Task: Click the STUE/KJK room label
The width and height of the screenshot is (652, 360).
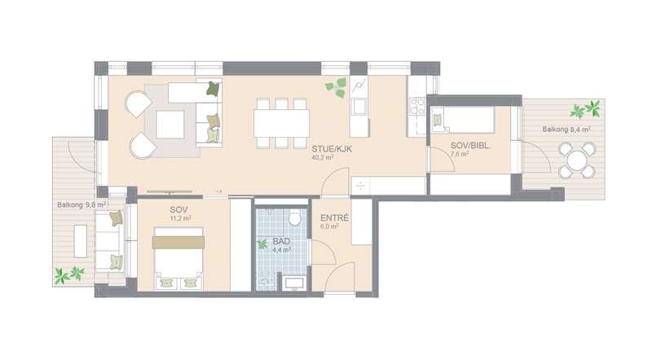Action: point(332,148)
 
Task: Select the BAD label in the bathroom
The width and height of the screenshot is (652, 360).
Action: point(281,242)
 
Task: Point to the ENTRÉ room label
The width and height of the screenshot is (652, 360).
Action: point(334,217)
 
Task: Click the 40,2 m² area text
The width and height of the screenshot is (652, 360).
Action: point(322,157)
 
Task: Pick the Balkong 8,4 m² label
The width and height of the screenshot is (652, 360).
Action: point(566,130)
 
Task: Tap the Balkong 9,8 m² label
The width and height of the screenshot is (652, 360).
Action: point(82,204)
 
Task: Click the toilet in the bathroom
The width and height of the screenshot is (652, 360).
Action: point(295,217)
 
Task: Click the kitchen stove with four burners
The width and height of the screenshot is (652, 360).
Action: point(417,106)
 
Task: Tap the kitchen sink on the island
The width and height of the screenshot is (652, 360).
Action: point(359,107)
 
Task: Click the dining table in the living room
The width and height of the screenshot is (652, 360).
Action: point(281,123)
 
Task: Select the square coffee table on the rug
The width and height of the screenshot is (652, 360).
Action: point(170,125)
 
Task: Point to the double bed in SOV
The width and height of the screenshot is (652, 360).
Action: point(178,258)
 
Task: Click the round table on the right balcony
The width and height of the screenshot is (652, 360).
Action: point(577,160)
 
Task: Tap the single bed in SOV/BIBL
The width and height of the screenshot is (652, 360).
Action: point(462,120)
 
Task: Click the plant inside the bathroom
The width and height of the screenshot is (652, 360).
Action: point(262,244)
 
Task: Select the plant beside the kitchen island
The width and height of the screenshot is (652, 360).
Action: point(336,88)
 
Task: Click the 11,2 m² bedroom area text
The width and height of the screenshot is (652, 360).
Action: point(180,218)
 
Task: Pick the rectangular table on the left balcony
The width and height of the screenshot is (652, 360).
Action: point(81,241)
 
